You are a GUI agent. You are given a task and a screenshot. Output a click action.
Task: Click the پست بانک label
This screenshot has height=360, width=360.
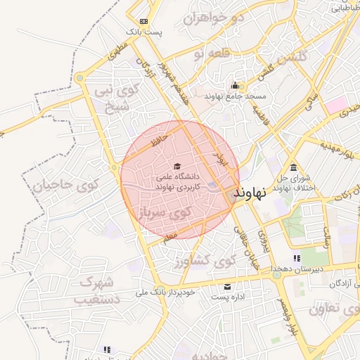click(x=144, y=32)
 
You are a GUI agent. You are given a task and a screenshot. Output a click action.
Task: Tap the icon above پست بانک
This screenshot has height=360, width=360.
click(x=144, y=22)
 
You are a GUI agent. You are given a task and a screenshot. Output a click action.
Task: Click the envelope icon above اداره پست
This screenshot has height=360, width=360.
click(x=228, y=286)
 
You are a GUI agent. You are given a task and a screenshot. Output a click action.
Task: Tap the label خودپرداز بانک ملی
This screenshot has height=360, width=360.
click(x=162, y=292)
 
